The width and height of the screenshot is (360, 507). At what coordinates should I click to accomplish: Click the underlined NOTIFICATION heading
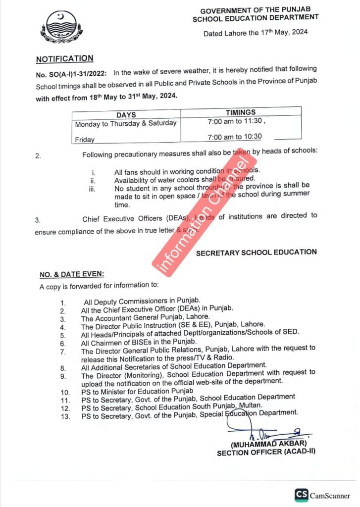pos(64,58)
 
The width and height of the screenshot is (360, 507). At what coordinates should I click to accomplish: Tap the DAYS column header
pos(126,114)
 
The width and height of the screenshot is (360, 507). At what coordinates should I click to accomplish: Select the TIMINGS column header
pos(241,113)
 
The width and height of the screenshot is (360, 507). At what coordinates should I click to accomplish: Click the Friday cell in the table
pos(85,140)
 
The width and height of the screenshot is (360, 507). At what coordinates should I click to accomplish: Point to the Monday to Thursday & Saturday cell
pos(126,124)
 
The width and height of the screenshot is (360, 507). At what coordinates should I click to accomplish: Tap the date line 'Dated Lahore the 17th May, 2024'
pos(256,33)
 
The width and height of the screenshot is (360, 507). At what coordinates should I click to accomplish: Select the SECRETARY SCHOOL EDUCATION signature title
pos(256,252)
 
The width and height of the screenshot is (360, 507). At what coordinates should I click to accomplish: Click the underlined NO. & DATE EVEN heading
pos(72,274)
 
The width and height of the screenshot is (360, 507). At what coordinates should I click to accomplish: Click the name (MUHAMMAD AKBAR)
pos(270,444)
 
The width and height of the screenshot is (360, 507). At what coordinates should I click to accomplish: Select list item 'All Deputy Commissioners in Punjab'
pos(141,301)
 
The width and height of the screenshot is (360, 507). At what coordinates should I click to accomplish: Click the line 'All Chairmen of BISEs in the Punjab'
pos(139,342)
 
